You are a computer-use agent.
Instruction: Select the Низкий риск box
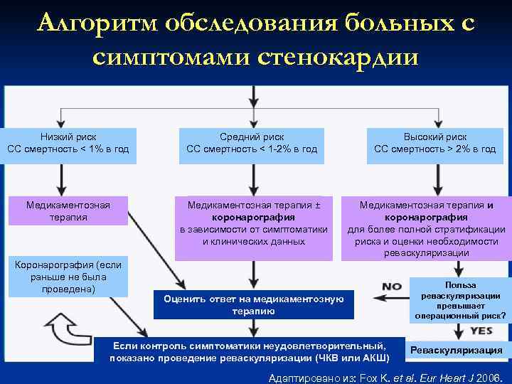pos(68,143)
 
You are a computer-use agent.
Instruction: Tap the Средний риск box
pos(252,143)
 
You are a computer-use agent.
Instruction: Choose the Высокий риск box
pos(435,143)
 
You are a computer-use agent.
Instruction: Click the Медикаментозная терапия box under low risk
pos(68,211)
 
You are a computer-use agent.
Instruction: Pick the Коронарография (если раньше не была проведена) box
pos(68,277)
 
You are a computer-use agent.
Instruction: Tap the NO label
pos(392,287)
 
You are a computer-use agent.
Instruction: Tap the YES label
pos(481,331)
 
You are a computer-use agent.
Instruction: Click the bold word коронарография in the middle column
pos(253,218)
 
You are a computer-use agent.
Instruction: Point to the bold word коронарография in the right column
pos(426,218)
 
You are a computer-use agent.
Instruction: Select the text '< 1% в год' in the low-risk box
pos(100,149)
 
